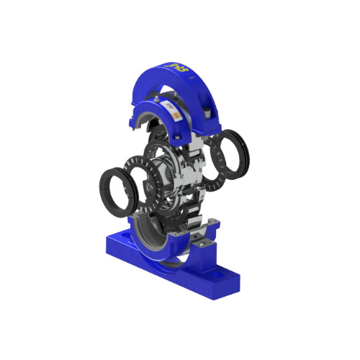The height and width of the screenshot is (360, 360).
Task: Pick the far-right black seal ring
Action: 232,151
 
